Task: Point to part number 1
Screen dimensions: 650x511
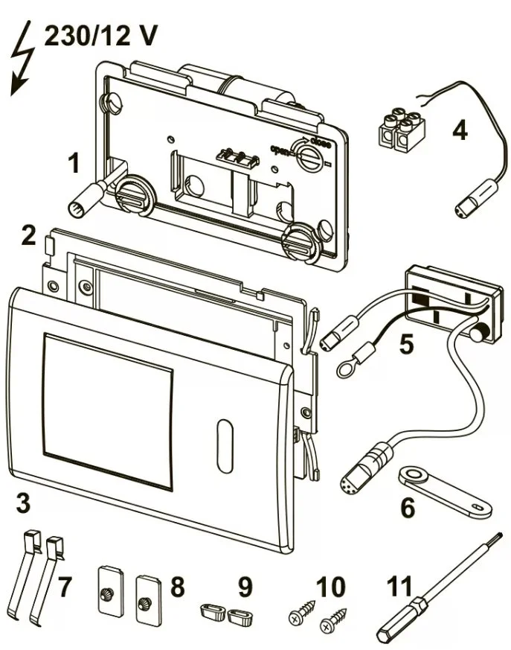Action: click(74, 162)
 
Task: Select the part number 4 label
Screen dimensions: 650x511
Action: click(460, 131)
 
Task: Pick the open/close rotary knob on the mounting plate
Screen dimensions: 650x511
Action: click(306, 157)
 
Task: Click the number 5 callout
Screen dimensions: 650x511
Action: click(406, 344)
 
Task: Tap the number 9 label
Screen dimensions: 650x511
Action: click(245, 586)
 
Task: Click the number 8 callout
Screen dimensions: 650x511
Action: click(177, 586)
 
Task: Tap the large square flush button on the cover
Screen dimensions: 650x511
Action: click(109, 394)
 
